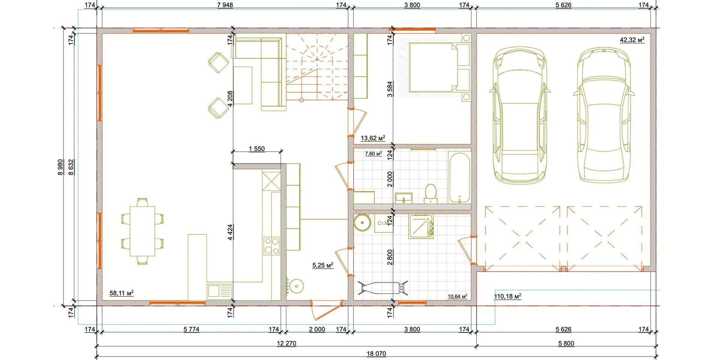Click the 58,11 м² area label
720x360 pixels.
[121, 293]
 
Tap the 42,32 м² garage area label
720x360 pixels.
[632, 40]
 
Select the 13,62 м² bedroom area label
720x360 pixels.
[373, 138]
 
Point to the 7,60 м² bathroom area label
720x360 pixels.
[373, 154]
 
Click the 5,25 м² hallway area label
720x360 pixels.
[323, 265]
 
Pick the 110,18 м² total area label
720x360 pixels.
[507, 296]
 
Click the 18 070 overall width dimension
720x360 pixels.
[376, 354]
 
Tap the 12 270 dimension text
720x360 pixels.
[286, 343]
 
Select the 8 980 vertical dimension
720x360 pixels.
[61, 167]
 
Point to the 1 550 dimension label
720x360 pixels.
[256, 149]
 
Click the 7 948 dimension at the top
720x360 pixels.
[225, 5]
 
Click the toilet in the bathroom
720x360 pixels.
[430, 194]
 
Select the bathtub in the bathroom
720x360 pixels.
[459, 177]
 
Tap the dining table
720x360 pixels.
[142, 231]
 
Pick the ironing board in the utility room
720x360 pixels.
[382, 288]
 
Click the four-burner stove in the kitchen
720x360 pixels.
[271, 246]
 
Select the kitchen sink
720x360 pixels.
[219, 291]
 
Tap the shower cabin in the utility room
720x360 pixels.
[421, 226]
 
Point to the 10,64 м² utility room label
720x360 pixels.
[457, 296]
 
